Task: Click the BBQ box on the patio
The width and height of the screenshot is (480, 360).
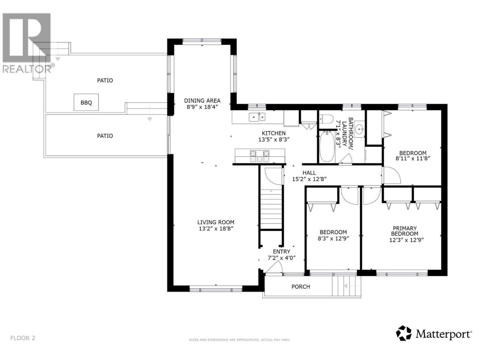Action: tap(86, 102)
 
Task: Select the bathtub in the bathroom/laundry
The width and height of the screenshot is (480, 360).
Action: tap(327, 146)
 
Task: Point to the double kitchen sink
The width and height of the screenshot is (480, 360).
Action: tap(257, 117)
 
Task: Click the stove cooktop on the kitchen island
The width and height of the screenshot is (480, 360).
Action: tap(259, 156)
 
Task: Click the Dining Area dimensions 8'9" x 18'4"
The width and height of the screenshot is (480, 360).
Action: tap(202, 107)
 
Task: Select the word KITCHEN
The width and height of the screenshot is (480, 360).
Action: tap(274, 133)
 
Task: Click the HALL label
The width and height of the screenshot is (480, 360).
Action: tap(309, 172)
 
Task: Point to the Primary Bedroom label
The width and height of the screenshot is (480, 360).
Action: tap(405, 231)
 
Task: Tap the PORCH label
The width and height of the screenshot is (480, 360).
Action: tap(301, 286)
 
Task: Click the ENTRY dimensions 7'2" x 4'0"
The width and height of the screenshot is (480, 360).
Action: tap(282, 258)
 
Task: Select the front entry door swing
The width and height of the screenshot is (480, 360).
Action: tap(274, 267)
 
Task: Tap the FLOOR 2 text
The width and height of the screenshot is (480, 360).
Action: tap(23, 338)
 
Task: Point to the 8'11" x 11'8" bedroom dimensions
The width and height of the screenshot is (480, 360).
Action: tap(413, 159)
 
